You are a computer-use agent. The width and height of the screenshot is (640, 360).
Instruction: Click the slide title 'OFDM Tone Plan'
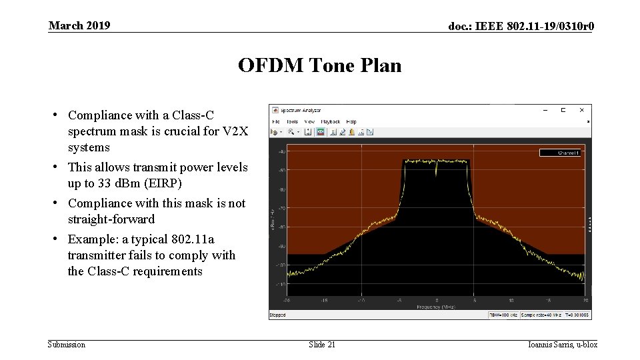tap(319, 65)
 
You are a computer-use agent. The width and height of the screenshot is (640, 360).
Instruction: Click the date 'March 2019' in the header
tap(79, 25)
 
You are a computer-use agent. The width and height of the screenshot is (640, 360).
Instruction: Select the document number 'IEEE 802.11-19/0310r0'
tap(533, 26)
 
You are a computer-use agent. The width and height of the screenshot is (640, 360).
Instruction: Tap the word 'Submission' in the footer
tap(67, 344)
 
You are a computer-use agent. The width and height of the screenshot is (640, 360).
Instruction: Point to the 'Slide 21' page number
tap(322, 344)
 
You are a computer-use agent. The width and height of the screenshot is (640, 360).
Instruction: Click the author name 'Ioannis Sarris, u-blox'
tap(562, 344)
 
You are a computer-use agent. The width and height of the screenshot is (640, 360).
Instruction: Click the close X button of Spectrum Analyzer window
tap(581, 110)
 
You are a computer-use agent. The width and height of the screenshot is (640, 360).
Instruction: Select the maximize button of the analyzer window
tap(563, 110)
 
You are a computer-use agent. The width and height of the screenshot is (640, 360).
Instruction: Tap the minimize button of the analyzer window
tap(545, 110)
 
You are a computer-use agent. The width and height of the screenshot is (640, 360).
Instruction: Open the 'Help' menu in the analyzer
tap(351, 121)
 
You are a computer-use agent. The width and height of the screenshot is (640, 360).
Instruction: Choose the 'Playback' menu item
tap(331, 121)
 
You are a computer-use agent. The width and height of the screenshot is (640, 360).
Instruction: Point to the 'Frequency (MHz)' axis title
tap(436, 307)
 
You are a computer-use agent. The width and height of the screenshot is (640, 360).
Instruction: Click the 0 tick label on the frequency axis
tap(437, 301)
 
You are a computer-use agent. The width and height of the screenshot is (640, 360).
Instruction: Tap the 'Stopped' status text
tap(277, 315)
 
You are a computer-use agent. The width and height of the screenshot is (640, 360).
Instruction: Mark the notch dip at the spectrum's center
tap(437, 172)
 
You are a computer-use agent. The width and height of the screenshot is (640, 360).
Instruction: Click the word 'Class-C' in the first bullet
tap(195, 115)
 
